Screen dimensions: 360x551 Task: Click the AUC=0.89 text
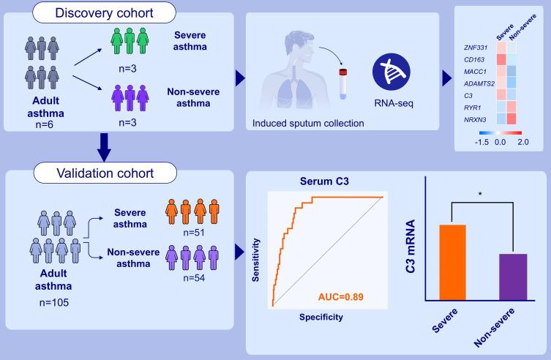pos(340,297)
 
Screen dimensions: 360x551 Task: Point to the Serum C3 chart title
pos(326,181)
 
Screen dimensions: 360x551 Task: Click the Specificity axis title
pos(321,318)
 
